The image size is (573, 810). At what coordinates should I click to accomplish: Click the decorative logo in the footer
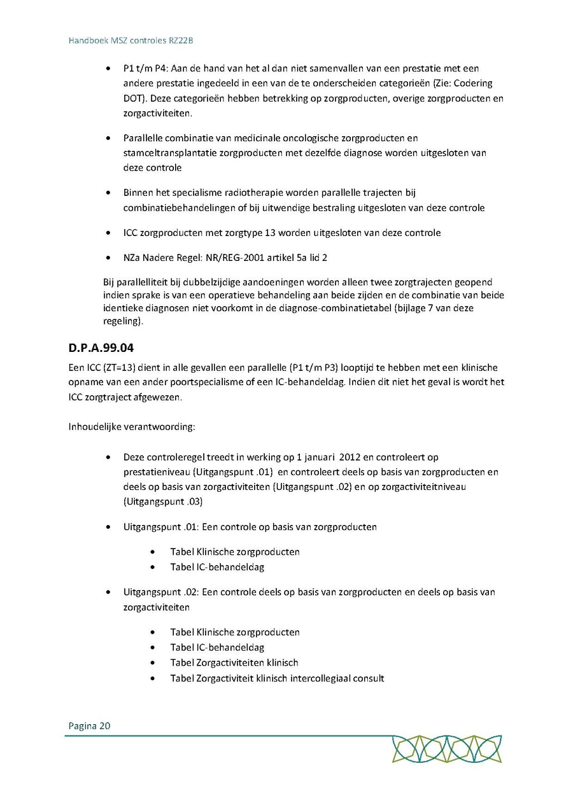coord(446,748)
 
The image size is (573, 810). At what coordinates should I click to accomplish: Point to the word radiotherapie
coord(247,192)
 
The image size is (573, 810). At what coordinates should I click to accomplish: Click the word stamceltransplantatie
coord(167,153)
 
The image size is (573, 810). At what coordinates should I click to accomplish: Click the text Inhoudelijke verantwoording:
coord(132,426)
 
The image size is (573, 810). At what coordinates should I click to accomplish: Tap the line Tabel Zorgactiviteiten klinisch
coord(234,662)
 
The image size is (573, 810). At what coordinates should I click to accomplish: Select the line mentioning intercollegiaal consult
coord(277,678)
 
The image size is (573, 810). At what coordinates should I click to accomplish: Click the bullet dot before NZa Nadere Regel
coord(110,258)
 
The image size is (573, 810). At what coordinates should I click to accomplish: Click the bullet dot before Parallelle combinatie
coord(110,138)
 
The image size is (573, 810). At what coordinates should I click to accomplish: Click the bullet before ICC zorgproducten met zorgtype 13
coord(110,233)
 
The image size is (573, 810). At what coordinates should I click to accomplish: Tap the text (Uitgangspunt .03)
coord(162,502)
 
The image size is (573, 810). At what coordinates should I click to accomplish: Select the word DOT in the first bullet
coord(132,99)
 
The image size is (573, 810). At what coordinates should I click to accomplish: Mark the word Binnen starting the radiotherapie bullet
coord(139,192)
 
